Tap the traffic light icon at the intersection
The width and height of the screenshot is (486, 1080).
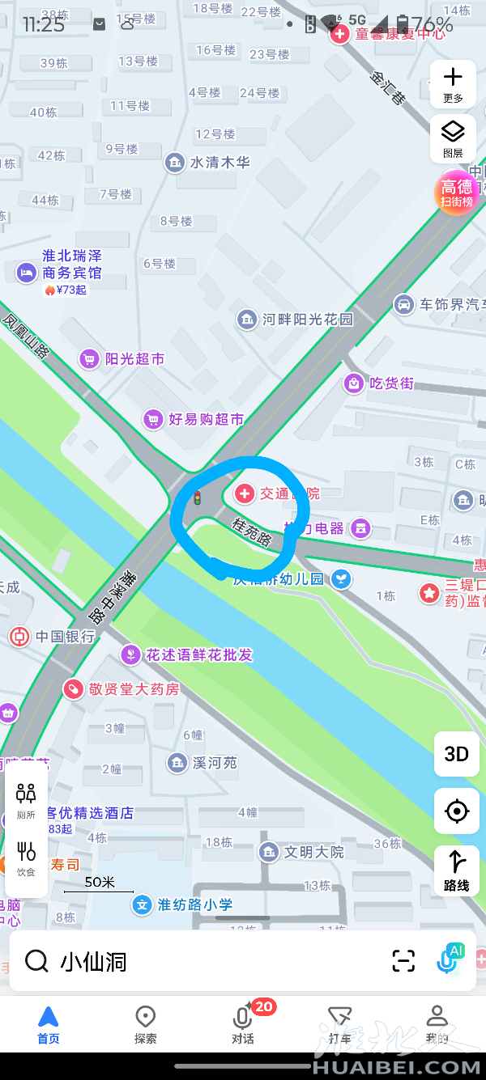click(x=197, y=498)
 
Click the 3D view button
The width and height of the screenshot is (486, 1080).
click(x=457, y=754)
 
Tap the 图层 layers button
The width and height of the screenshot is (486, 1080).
click(x=453, y=138)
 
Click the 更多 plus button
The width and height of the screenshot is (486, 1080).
click(x=453, y=83)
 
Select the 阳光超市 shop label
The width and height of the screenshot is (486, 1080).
click(x=134, y=358)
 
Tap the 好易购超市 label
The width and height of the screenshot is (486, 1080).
click(x=206, y=419)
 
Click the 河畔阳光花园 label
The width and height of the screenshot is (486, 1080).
click(x=308, y=320)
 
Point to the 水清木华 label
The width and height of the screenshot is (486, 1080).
click(x=220, y=163)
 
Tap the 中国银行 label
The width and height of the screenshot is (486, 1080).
click(x=65, y=637)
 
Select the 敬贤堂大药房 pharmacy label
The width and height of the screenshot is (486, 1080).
click(x=134, y=689)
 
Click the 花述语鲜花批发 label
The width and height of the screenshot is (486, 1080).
click(x=199, y=654)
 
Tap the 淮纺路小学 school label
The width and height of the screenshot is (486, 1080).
click(x=194, y=904)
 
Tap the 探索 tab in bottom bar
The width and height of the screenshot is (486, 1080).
click(x=146, y=1025)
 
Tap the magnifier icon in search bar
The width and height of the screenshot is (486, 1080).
click(x=36, y=961)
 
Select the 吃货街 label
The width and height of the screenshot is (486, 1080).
click(x=391, y=383)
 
